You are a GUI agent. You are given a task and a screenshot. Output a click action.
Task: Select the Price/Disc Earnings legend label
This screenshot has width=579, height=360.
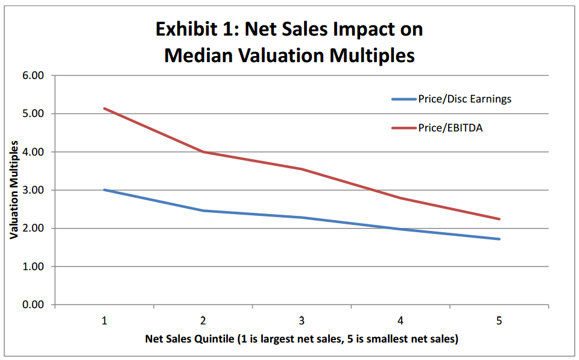click(x=464, y=99)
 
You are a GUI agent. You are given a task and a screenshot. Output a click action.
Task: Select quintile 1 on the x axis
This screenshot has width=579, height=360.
click(x=104, y=320)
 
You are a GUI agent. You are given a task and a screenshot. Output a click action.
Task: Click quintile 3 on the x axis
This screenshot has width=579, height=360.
click(x=302, y=320)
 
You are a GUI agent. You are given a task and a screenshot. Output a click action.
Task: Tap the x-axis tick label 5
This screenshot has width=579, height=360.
click(x=499, y=320)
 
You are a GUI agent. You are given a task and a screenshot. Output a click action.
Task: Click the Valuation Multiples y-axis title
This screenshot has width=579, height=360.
click(x=13, y=191)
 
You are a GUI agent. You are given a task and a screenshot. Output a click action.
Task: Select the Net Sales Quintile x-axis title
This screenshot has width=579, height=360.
click(x=302, y=339)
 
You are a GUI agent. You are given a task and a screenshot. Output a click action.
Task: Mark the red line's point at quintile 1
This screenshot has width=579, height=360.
click(x=104, y=109)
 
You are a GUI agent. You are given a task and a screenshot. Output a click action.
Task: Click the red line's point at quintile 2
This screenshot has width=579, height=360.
click(x=203, y=152)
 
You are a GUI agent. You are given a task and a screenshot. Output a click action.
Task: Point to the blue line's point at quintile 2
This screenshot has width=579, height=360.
click(x=203, y=210)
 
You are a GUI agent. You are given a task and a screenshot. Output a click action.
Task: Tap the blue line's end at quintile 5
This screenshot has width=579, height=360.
click(x=499, y=239)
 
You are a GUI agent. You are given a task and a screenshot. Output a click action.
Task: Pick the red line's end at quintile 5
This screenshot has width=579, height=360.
click(x=499, y=219)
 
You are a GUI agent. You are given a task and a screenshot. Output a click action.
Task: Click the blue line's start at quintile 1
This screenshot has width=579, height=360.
click(x=104, y=189)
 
